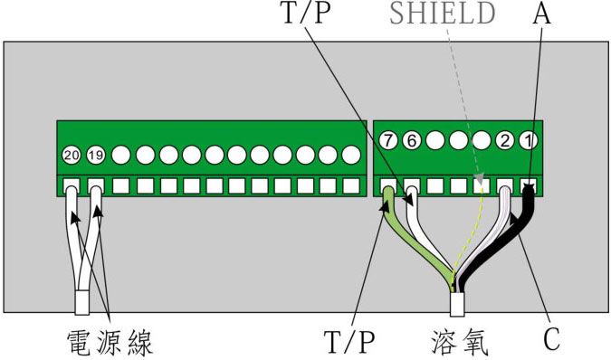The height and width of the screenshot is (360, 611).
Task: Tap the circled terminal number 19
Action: pyautogui.click(x=96, y=156)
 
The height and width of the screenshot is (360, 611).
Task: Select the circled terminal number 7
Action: pyautogui.click(x=388, y=141)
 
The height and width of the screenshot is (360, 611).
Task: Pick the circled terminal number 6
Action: pyautogui.click(x=412, y=141)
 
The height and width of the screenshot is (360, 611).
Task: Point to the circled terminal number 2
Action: pyautogui.click(x=506, y=141)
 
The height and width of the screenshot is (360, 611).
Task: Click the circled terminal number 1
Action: pyautogui.click(x=530, y=141)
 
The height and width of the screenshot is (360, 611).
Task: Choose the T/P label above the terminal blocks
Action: pyautogui.click(x=303, y=14)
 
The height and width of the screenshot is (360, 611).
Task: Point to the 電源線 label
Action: pyautogui.click(x=110, y=341)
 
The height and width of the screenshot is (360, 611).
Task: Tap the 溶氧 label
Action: pyautogui.click(x=459, y=341)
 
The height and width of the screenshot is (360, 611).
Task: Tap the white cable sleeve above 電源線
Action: pyautogui.click(x=82, y=300)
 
